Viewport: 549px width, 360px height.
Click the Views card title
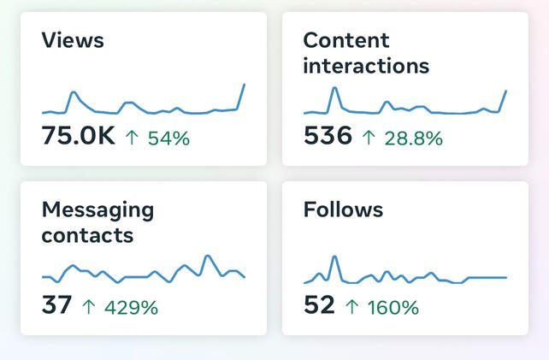(x=73, y=40)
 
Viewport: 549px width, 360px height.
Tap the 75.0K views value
(x=78, y=135)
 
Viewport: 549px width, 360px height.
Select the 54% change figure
(x=168, y=138)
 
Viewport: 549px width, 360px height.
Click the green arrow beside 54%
(x=132, y=138)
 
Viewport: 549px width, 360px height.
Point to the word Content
(x=346, y=40)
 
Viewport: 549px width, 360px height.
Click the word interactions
(x=366, y=66)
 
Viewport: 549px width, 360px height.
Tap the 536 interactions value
(x=328, y=135)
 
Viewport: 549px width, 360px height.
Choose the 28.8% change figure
(x=414, y=138)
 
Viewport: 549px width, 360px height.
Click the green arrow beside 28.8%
(x=369, y=138)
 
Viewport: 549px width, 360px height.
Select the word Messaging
(x=97, y=210)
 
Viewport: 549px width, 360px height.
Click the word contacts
(x=87, y=235)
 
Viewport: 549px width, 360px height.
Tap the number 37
(x=56, y=305)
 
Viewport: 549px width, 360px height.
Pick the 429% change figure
(x=132, y=308)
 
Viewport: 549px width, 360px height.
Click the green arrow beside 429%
(x=88, y=307)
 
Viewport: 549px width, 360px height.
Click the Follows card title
(x=343, y=210)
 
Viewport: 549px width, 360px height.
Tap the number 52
(x=319, y=305)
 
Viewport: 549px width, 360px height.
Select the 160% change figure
(x=393, y=308)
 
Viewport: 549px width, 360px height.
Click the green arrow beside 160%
(x=351, y=307)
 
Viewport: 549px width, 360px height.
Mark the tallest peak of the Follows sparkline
(x=334, y=257)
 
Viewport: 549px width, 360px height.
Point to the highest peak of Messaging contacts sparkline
(x=208, y=256)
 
